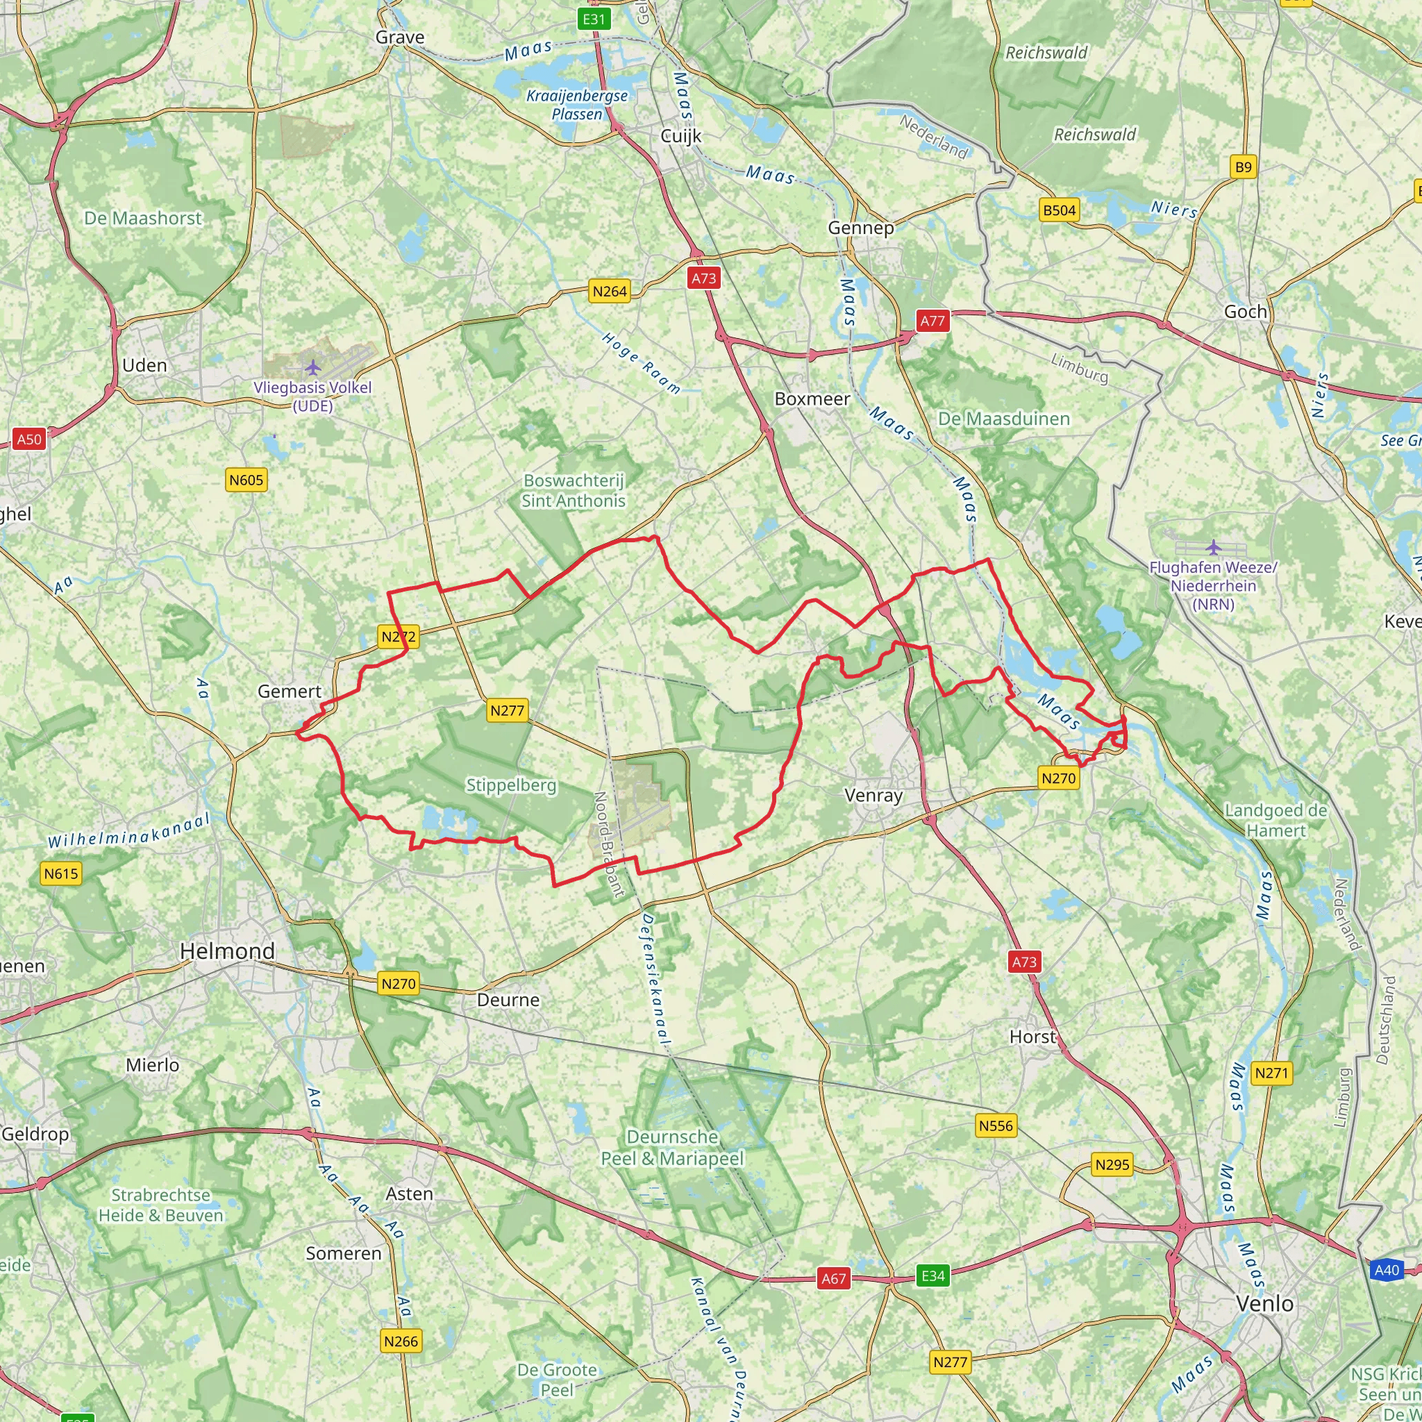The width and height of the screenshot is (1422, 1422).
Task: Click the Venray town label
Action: [x=873, y=795]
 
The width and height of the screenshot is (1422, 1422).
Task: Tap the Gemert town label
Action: [x=290, y=691]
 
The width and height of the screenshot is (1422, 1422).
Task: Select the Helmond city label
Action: [x=228, y=951]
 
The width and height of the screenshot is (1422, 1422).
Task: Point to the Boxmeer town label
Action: [x=812, y=399]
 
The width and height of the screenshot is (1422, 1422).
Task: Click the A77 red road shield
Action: [x=932, y=321]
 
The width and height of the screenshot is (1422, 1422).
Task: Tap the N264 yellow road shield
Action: [x=610, y=292]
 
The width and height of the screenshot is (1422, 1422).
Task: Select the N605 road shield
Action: [x=246, y=480]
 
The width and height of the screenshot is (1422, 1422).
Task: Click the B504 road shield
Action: [x=1059, y=210]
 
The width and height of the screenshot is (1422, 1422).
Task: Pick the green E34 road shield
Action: [x=932, y=1275]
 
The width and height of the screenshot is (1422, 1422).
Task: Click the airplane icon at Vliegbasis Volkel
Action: [x=313, y=367]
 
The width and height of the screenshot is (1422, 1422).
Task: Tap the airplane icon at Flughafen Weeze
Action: [x=1213, y=547]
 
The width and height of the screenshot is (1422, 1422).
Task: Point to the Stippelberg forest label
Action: [x=511, y=785]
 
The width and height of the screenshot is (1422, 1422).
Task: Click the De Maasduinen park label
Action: [x=1003, y=419]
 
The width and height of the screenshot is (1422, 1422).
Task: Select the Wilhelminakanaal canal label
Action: [x=129, y=831]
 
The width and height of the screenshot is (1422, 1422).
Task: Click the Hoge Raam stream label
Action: [x=640, y=363]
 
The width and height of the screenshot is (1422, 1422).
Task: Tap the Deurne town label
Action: [x=508, y=1000]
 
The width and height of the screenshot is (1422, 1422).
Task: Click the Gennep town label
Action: [x=860, y=228]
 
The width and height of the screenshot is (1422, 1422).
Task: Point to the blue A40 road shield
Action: [x=1387, y=1270]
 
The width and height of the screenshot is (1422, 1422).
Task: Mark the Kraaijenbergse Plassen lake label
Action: [x=577, y=105]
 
